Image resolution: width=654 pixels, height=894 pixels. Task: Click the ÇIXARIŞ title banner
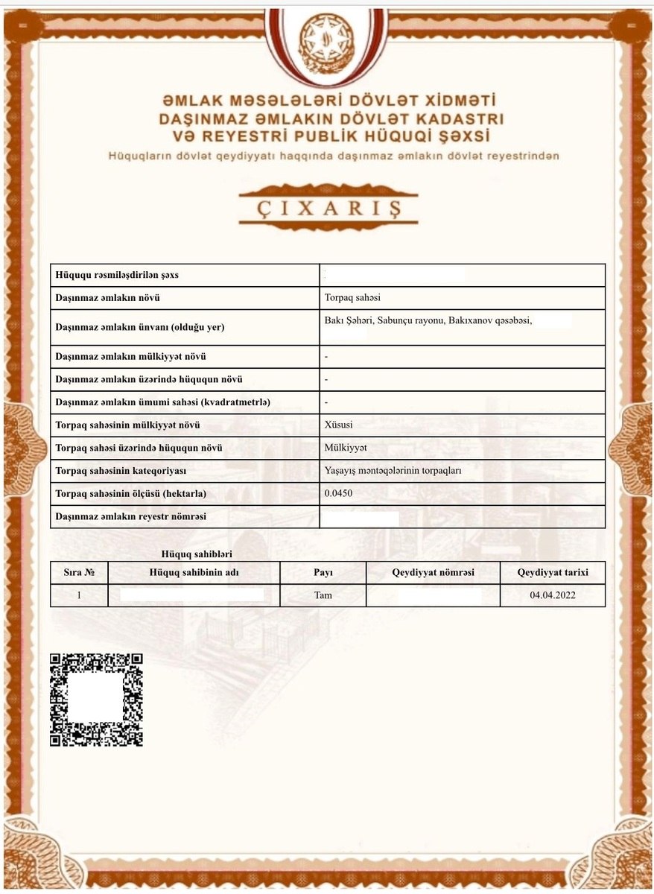pyautogui.click(x=328, y=206)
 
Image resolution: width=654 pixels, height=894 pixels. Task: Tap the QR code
pyautogui.click(x=96, y=700)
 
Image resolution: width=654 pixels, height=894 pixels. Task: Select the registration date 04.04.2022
pyautogui.click(x=553, y=595)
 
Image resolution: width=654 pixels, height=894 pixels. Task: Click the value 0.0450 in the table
pyautogui.click(x=338, y=494)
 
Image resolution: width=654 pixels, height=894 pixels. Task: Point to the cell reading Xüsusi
pyautogui.click(x=339, y=425)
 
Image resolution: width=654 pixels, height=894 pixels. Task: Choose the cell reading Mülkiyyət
pyautogui.click(x=346, y=448)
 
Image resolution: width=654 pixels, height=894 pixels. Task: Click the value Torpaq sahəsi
pyautogui.click(x=352, y=298)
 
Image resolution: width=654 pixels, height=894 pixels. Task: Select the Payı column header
pyautogui.click(x=323, y=572)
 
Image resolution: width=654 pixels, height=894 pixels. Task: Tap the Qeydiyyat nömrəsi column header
pyautogui.click(x=433, y=572)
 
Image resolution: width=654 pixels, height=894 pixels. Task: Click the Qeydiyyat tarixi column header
pyautogui.click(x=553, y=572)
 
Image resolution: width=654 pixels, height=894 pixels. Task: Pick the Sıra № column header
pyautogui.click(x=79, y=572)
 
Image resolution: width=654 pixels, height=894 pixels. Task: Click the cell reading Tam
pyautogui.click(x=323, y=595)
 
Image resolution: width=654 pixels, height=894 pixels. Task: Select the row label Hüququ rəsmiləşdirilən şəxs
pyautogui.click(x=117, y=276)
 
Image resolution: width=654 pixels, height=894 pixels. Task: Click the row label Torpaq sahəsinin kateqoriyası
pyautogui.click(x=121, y=471)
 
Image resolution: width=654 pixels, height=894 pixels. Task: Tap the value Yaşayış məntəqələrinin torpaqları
pyautogui.click(x=393, y=471)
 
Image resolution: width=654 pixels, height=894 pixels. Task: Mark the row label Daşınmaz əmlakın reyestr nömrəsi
pyautogui.click(x=131, y=516)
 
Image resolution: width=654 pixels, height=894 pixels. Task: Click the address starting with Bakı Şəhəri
pyautogui.click(x=428, y=320)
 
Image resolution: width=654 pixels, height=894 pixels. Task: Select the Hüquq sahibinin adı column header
pyautogui.click(x=194, y=572)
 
